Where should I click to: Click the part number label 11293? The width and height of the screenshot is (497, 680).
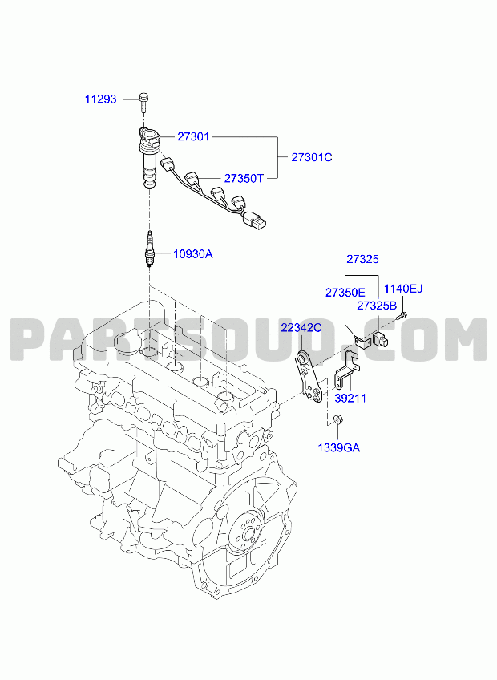coord(101,99)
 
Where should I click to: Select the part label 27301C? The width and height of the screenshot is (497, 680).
coord(311,157)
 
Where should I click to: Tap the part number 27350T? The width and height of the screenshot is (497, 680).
coord(244,178)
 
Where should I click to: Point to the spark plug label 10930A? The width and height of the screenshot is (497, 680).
coord(193,254)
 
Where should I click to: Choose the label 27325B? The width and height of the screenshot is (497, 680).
coord(377,306)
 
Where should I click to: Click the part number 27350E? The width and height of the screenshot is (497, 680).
coord(345,293)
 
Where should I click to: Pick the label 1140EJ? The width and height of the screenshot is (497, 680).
coord(403,289)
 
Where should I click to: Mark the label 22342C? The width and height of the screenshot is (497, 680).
coord(301,328)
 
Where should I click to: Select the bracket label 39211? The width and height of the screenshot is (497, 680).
coord(350,398)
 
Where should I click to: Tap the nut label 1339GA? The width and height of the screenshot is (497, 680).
coord(339,448)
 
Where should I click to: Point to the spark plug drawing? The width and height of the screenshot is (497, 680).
coord(150,249)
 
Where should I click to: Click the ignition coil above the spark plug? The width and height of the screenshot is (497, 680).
coord(149,157)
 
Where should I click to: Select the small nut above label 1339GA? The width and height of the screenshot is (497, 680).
coord(337,419)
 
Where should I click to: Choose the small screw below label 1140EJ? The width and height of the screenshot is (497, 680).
coord(402,315)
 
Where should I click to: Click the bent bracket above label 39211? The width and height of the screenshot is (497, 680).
coord(347,369)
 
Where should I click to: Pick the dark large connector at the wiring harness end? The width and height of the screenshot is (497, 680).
coord(254,220)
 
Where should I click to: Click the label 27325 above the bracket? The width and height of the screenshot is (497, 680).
coord(362,259)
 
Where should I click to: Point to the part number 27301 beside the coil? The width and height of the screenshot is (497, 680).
coord(193,136)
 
